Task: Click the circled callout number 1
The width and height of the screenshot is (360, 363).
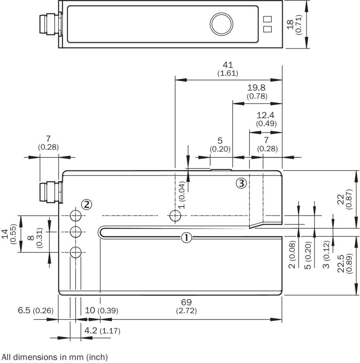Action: pos(186,237)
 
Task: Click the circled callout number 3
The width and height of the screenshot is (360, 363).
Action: pos(241,183)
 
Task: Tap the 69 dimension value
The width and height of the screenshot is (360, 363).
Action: pos(186,302)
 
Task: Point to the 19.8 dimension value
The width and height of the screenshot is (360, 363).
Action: pos(257,88)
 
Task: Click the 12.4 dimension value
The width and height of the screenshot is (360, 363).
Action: pos(266,115)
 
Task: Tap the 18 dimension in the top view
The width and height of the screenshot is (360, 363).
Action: pos(291,24)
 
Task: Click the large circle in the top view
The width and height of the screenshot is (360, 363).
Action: pos(222,24)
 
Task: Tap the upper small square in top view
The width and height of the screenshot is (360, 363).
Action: pos(267,19)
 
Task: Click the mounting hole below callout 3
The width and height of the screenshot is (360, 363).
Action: pos(176,215)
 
